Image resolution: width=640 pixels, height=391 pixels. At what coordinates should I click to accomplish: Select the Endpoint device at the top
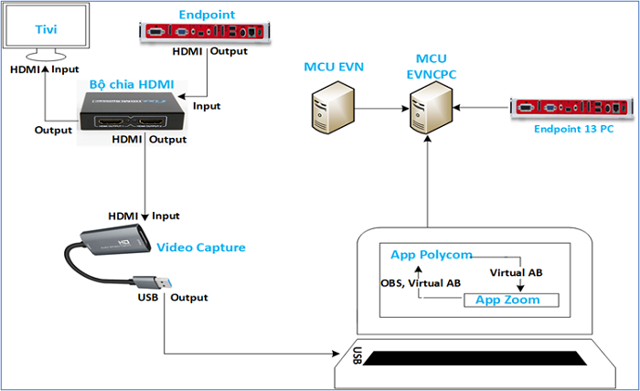click(x=207, y=33)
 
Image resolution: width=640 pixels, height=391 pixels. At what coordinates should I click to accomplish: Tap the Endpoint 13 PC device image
click(x=571, y=108)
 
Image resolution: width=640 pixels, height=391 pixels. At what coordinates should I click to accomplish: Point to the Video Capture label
click(x=200, y=247)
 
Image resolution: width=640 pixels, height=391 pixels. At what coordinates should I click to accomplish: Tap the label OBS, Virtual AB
click(x=421, y=283)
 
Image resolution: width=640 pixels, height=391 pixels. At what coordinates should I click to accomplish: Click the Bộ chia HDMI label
click(x=137, y=84)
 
